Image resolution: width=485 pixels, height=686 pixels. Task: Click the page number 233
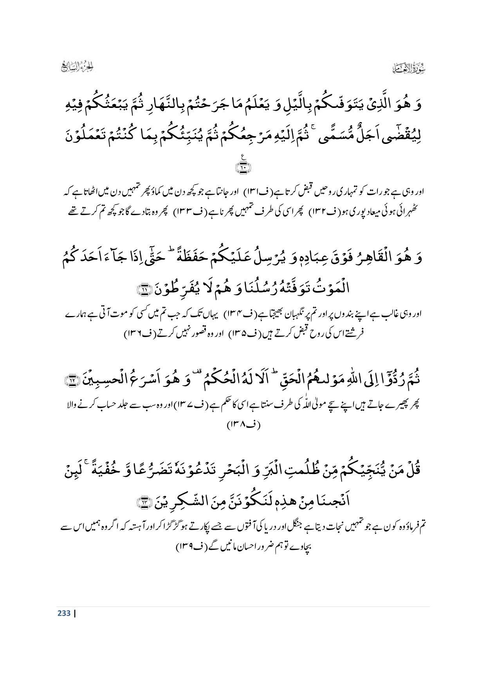pyautogui.click(x=64, y=613)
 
